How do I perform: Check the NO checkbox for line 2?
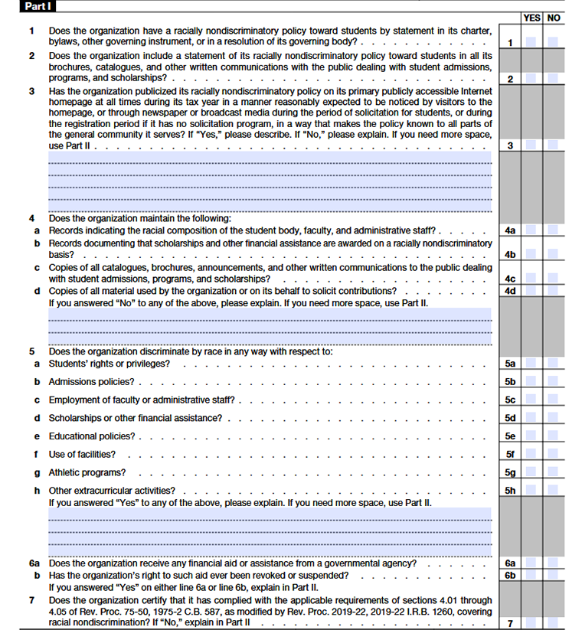[x=553, y=78]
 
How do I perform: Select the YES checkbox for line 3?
[x=530, y=145]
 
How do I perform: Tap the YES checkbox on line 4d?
[x=530, y=291]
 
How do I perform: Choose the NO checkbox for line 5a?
[x=553, y=364]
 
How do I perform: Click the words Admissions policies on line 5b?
[x=91, y=381]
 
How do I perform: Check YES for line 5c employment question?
[x=530, y=400]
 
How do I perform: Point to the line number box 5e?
[x=510, y=436]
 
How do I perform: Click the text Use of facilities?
[x=82, y=454]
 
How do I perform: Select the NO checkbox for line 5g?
[x=553, y=472]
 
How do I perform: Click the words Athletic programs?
[x=87, y=472]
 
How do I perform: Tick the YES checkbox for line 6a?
[x=530, y=563]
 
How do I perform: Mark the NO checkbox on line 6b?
[x=553, y=575]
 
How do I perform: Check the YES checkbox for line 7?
[x=530, y=623]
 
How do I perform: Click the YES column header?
[x=531, y=18]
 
